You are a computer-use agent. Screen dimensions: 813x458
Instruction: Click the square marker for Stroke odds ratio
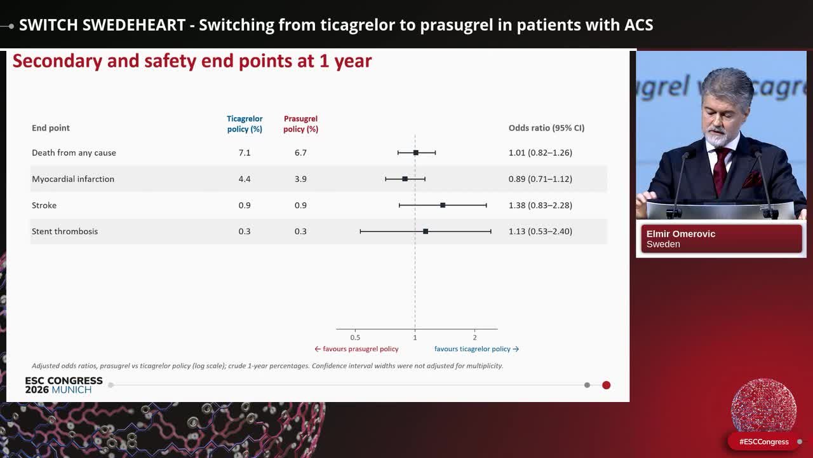coord(443,205)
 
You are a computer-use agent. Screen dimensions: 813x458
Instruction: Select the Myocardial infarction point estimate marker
coord(405,179)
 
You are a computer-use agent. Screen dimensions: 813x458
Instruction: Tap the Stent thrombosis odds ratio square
coord(426,232)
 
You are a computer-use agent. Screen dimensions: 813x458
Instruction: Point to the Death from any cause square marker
coord(416,153)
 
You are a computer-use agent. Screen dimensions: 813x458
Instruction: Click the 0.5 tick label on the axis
coord(355,338)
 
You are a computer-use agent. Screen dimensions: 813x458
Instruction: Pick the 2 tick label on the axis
coord(474,338)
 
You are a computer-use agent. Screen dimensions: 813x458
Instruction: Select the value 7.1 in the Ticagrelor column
coord(245,153)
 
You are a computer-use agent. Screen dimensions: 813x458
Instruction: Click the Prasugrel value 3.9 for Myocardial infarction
coord(300,179)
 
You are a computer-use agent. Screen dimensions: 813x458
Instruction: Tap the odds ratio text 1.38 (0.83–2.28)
coord(541,205)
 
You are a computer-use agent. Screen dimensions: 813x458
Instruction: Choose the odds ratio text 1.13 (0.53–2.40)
coord(541,232)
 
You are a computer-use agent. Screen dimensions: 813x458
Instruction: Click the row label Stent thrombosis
coord(65,232)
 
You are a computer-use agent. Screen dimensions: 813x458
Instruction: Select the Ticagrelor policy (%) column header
coord(245,124)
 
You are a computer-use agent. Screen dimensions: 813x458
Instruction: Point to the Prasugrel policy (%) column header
coord(300,124)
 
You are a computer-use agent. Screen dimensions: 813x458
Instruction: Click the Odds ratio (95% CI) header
coord(546,128)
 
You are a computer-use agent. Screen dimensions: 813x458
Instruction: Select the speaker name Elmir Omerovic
coord(680,233)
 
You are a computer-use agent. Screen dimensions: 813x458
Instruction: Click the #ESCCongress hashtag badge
coord(763,441)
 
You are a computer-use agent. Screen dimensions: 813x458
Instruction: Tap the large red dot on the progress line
coord(606,385)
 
